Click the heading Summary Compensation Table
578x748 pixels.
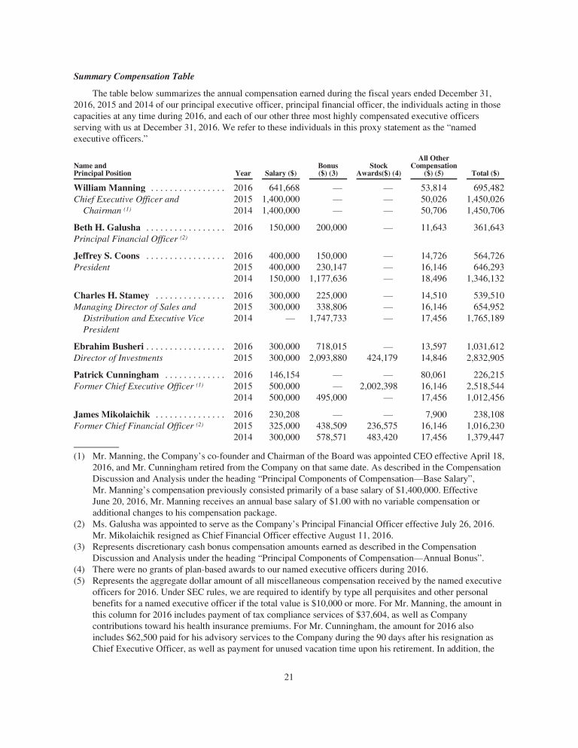[133, 77]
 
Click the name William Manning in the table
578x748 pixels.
[110, 188]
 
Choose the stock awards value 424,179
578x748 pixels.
[385, 358]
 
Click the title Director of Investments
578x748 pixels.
[114, 358]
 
